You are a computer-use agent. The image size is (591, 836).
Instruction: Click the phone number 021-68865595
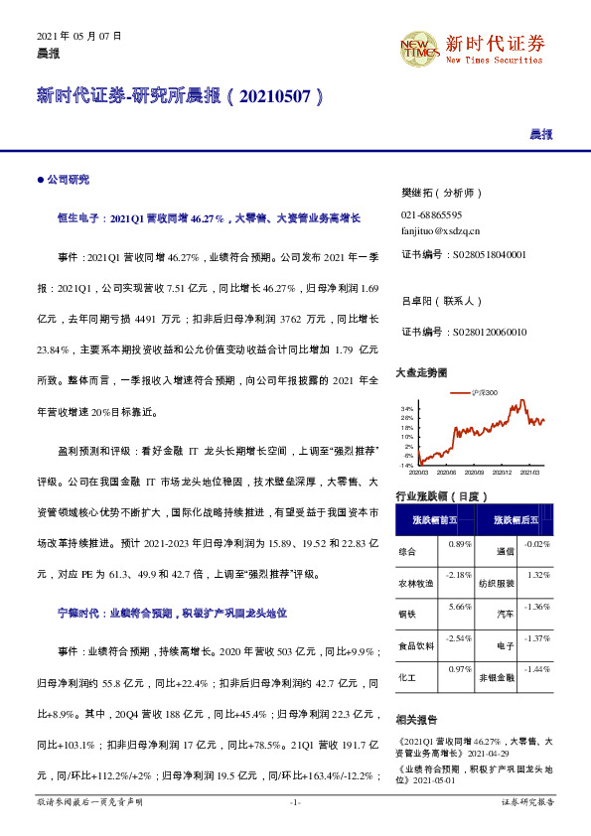coord(431,214)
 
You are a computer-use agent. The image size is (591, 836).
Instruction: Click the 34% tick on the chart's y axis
coord(406,409)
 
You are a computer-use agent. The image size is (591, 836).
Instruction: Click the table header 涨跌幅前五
coord(434,519)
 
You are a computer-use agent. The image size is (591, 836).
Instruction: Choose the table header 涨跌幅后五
coord(515,519)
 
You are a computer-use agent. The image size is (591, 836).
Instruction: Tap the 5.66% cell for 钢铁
coord(459,607)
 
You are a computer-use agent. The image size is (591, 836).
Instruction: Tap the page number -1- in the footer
coord(295,800)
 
